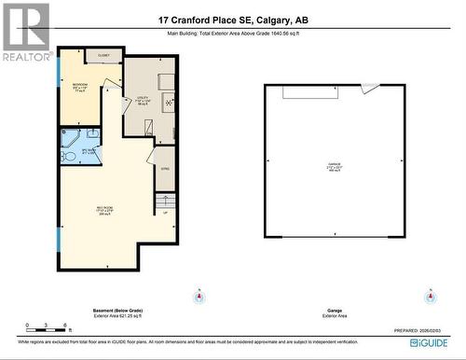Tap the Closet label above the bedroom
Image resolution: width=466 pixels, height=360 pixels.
(103, 56)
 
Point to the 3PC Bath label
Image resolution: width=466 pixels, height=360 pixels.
(90, 148)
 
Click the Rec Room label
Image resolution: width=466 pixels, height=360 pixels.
(104, 210)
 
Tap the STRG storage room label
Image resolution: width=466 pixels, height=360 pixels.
(164, 170)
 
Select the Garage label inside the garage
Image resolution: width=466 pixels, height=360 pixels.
(334, 166)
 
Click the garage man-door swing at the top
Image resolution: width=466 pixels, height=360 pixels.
(371, 89)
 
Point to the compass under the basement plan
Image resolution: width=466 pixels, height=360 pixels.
(198, 298)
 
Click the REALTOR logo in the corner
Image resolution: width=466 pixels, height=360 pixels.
(25, 32)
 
